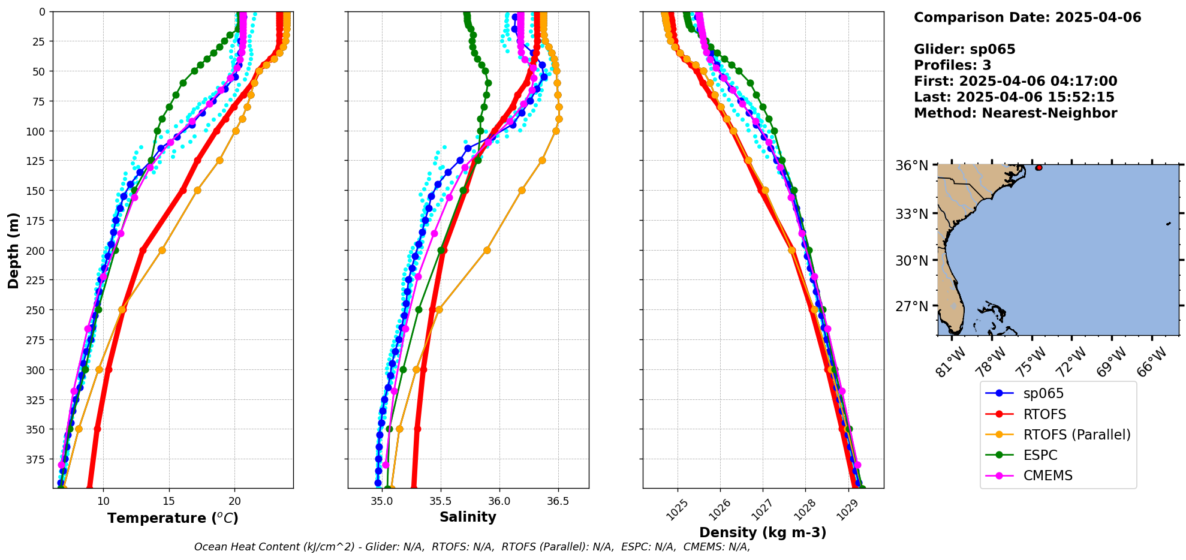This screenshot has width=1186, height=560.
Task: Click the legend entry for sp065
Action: click(1043, 394)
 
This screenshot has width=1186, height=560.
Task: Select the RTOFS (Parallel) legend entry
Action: click(1077, 435)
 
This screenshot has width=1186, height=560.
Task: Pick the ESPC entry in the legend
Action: click(1040, 455)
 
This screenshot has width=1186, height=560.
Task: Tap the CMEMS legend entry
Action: click(1047, 475)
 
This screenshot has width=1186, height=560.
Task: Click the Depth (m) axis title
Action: click(13, 250)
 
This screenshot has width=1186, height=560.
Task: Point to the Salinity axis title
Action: click(468, 517)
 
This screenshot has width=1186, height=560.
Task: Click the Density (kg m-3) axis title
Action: click(763, 532)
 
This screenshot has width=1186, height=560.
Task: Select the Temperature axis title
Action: click(173, 518)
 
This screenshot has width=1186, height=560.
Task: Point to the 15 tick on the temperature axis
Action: click(168, 501)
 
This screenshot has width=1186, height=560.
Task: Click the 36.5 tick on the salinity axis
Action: click(558, 501)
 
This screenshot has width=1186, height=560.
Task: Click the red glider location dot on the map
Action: click(1038, 168)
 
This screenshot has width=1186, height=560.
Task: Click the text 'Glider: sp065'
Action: click(964, 49)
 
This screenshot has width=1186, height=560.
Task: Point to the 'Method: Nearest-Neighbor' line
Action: click(1015, 113)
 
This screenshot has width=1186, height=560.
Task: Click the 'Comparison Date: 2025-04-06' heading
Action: click(1027, 17)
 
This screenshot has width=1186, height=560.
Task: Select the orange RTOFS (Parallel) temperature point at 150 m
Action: click(197, 190)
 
